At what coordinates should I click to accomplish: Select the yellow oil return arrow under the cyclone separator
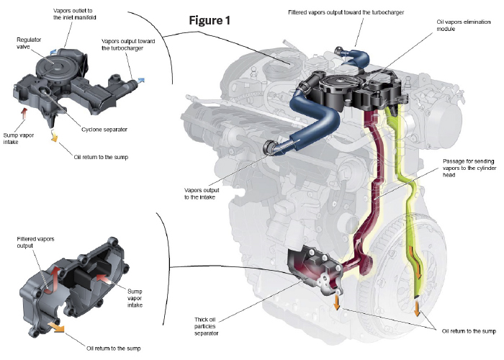[x=53, y=137]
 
